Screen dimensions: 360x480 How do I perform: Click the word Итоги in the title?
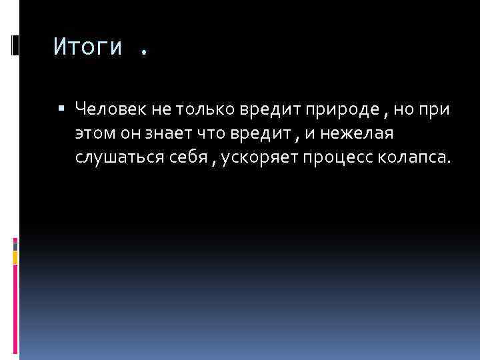tap(88, 47)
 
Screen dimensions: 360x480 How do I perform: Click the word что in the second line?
tap(210, 133)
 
